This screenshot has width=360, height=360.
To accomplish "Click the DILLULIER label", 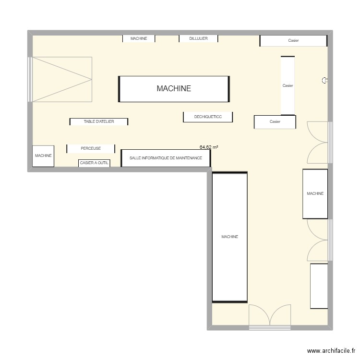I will tap(198, 38).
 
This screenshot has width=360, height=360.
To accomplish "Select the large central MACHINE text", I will tap(173, 88).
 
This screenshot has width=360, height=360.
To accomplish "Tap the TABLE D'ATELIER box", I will tap(99, 122).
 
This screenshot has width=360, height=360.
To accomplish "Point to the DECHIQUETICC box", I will tap(208, 117).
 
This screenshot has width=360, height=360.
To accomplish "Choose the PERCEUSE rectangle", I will tap(91, 148).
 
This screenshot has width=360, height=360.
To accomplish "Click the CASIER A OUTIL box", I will tap(94, 163).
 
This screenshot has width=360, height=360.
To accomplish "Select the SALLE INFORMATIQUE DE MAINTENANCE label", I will tap(166, 158).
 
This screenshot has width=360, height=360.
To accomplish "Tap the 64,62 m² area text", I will tap(209, 148).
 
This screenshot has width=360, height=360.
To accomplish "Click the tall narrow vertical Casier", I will tap(288, 85).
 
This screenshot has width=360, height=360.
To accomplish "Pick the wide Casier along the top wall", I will tap(293, 41).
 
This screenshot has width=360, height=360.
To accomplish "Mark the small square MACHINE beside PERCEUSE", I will tap(43, 156).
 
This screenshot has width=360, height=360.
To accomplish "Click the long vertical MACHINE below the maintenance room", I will tap(229, 237).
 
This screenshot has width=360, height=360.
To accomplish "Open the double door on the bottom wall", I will tap(270, 317).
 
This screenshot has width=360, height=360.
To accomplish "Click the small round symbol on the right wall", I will tap(325, 80).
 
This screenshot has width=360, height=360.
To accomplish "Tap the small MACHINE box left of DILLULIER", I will tap(138, 38).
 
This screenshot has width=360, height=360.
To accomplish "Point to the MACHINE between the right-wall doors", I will tap(315, 193).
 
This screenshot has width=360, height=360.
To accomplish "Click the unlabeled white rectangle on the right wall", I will tap(319, 286).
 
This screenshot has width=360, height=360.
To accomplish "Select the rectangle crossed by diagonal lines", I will tap(61, 79).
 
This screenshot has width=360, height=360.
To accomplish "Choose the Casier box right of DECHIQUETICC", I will tap(275, 122).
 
